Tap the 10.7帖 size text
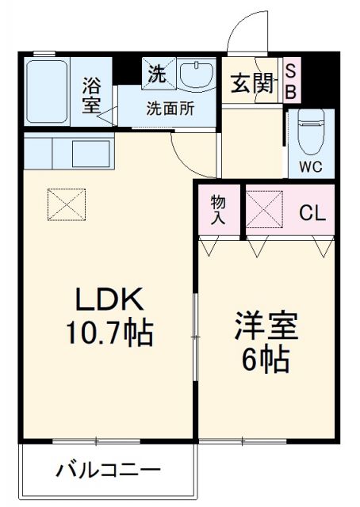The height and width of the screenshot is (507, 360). [x=109, y=330]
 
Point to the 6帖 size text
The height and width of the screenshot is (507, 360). [x=266, y=360]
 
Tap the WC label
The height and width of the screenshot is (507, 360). [x=310, y=167]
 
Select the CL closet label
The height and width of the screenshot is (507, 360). [x=310, y=212]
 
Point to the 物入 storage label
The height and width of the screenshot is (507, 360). [x=217, y=210]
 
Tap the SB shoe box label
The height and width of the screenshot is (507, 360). [x=290, y=82]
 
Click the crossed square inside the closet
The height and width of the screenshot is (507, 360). [x=262, y=209]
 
